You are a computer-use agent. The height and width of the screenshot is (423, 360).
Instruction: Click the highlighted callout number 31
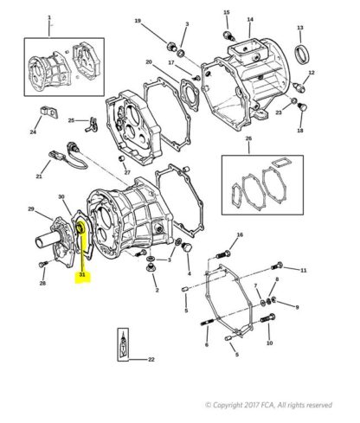[82, 275]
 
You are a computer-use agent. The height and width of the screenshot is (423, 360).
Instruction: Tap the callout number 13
[300, 28]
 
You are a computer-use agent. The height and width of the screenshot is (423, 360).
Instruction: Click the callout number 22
[151, 360]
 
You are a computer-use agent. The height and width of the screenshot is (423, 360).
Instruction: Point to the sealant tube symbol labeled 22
[123, 344]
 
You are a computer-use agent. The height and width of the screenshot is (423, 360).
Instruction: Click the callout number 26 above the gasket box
[248, 138]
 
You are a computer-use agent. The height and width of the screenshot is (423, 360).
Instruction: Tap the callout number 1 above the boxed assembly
[49, 17]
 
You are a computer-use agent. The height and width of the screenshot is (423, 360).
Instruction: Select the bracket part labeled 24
[48, 112]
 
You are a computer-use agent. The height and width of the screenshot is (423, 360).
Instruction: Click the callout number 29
[31, 209]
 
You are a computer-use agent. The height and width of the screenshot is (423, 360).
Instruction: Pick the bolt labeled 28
[42, 264]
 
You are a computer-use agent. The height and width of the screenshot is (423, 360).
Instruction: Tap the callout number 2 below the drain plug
[157, 291]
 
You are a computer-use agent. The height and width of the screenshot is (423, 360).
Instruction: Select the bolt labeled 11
[278, 266]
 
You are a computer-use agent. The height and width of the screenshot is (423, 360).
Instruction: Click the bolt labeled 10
[268, 318]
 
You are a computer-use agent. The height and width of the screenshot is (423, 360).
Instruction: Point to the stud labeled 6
[207, 322]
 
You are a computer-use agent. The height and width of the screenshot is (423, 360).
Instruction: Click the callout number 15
[227, 12]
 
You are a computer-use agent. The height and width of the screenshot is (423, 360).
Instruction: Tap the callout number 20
[149, 62]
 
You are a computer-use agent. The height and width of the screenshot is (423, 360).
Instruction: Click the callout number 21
[39, 176]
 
